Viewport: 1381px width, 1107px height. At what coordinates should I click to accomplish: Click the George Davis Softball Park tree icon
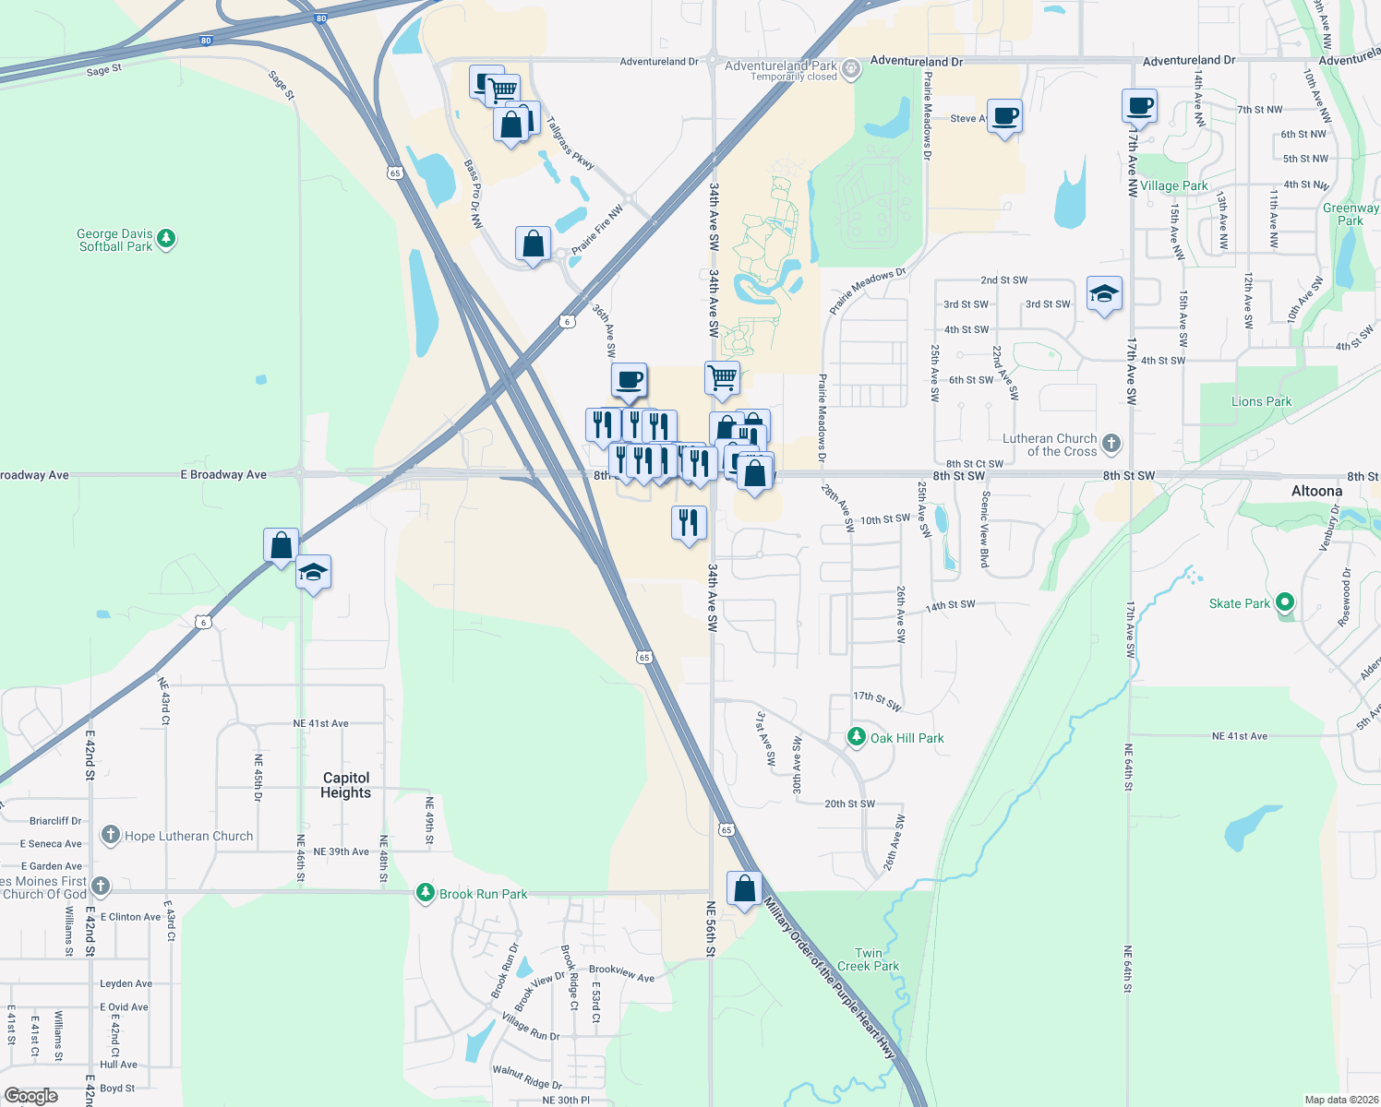pos(166,239)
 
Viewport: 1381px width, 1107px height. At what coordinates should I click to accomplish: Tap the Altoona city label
pos(1316,491)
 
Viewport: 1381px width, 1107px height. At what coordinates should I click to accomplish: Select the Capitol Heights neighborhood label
pos(346,785)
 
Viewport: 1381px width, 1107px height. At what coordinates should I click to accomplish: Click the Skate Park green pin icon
pos(1284,603)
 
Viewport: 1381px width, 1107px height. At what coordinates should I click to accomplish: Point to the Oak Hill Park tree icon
pos(857,737)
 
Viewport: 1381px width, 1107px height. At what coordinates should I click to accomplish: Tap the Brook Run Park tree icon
pos(425,893)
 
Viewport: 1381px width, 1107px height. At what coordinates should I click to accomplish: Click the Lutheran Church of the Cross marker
pos(1111,444)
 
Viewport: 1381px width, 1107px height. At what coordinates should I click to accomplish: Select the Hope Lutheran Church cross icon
pos(111,836)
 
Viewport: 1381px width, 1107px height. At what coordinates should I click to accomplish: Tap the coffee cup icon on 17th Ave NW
pos(1140,106)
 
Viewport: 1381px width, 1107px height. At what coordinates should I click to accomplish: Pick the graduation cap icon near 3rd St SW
pos(1104,294)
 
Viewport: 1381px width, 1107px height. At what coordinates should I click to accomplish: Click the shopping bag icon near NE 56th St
pos(744,889)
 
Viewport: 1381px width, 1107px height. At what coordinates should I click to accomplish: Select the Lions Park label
pos(1261,401)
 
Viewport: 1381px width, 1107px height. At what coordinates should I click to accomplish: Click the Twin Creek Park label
pos(868,959)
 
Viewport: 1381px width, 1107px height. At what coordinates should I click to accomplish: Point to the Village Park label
pos(1173,185)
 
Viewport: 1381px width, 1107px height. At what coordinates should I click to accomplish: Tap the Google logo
pos(31,1095)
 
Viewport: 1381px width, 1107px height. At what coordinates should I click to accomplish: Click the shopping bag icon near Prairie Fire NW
pos(533,244)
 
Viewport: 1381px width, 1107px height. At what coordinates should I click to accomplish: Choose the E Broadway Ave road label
pos(223,475)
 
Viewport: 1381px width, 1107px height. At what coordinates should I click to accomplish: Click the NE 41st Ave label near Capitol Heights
pos(320,723)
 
